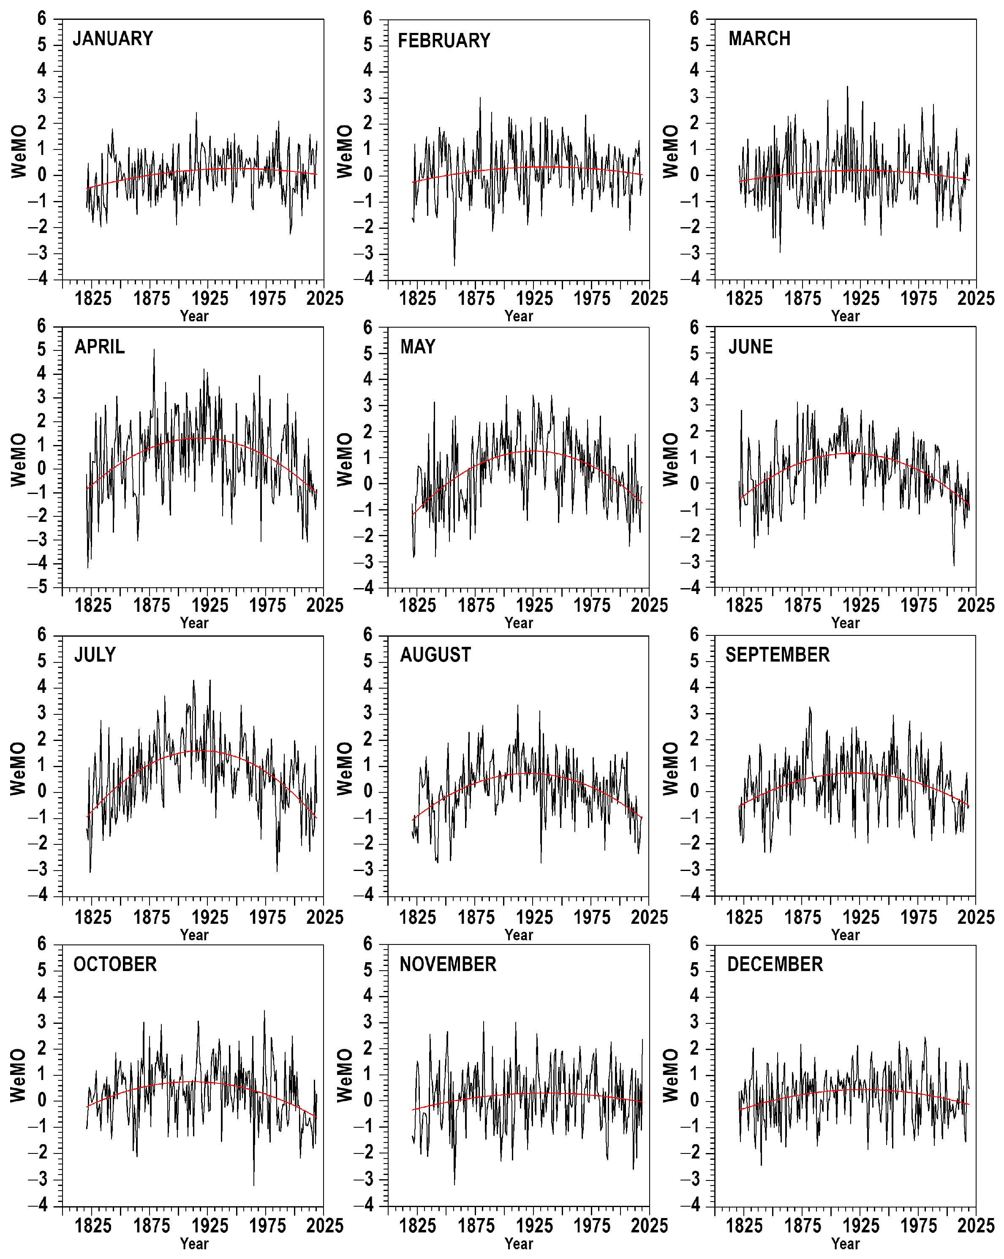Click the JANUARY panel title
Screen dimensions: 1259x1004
pyautogui.click(x=113, y=38)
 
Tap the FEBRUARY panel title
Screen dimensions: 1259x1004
pyautogui.click(x=444, y=40)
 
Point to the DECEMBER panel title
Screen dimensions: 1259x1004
pyautogui.click(x=775, y=964)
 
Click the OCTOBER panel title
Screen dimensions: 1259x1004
pyautogui.click(x=115, y=964)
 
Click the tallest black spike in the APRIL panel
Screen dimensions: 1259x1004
pyautogui.click(x=154, y=350)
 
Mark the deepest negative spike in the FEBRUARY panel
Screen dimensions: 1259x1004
pyautogui.click(x=454, y=265)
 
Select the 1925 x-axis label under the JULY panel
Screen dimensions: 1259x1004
pyautogui.click(x=210, y=917)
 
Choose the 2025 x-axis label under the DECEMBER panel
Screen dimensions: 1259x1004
pyautogui.click(x=975, y=1226)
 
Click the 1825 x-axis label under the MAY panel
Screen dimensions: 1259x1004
pyautogui.click(x=418, y=605)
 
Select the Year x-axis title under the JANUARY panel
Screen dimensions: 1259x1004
pyautogui.click(x=194, y=316)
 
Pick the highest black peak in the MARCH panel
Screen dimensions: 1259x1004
pyautogui.click(x=847, y=87)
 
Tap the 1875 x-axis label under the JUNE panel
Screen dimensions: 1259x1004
pyautogui.click(x=802, y=605)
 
